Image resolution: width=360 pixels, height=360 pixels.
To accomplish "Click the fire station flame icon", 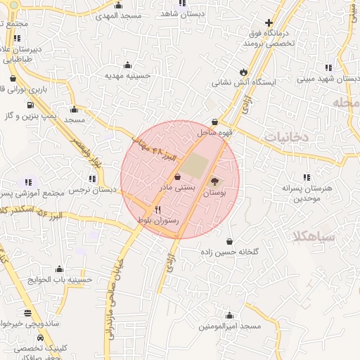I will (x=243, y=72).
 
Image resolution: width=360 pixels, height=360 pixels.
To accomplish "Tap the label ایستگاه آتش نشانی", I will (x=245, y=82).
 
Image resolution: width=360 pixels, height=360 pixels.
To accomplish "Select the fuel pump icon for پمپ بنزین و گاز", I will (x=30, y=105).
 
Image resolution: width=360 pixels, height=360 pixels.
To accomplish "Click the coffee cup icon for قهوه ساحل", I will (x=214, y=122).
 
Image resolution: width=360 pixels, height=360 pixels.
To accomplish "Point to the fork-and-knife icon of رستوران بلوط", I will (x=157, y=210).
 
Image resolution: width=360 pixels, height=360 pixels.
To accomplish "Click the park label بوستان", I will (x=215, y=192).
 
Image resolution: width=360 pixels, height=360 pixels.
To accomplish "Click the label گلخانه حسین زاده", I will (x=231, y=252).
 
